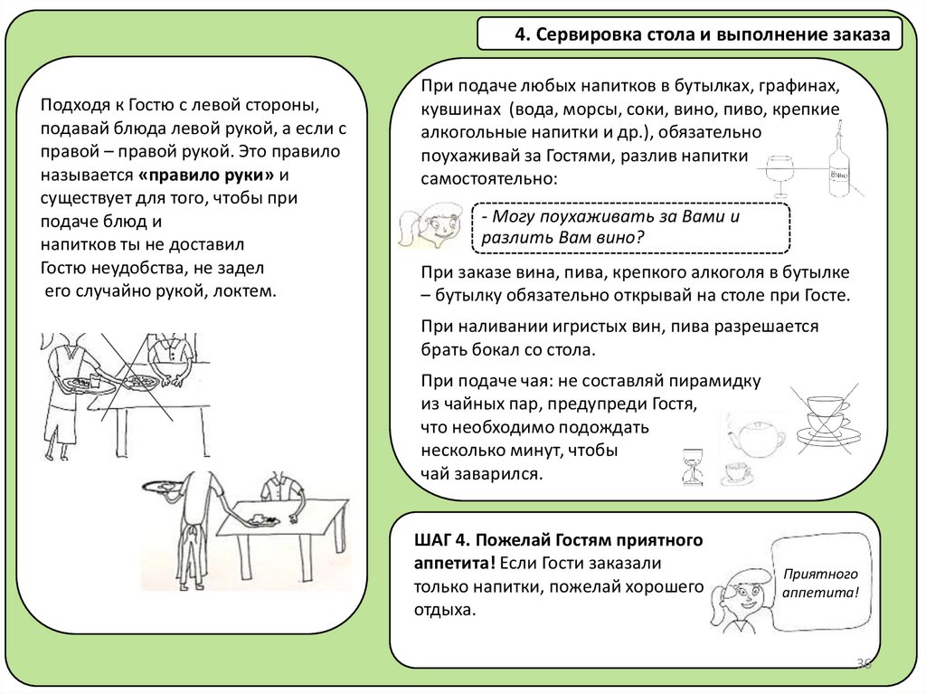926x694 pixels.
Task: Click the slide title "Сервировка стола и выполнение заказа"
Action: point(702,34)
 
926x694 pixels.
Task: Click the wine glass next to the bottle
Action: point(780,172)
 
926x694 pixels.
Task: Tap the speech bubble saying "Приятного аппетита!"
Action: point(819,583)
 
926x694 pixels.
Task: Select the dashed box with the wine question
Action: point(631,228)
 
